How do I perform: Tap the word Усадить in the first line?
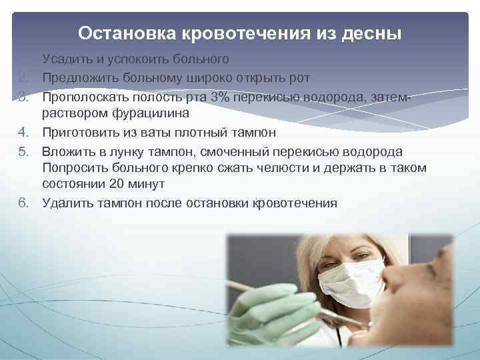coord(65,60)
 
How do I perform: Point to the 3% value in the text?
coord(219,97)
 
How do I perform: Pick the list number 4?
coord(24,132)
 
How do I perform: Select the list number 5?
coord(24,150)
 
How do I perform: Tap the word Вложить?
coord(69,150)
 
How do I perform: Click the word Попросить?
coord(75,167)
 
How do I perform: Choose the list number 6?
coord(24,203)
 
